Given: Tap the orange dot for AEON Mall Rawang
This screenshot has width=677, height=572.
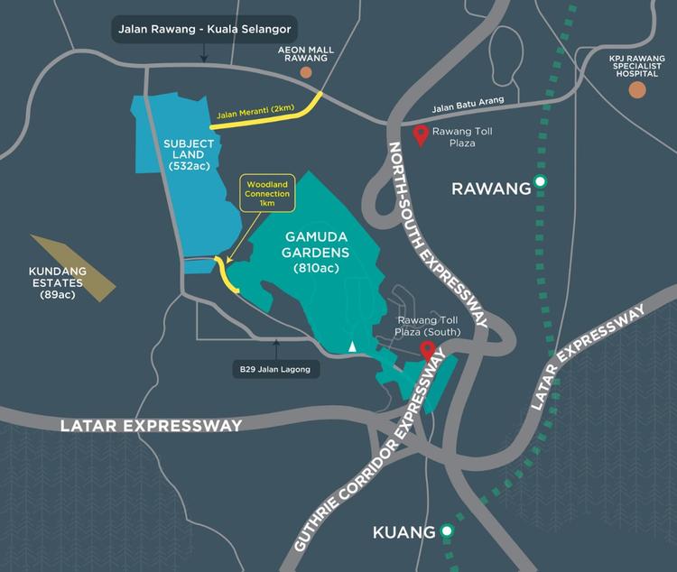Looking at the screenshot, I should pos(306,72).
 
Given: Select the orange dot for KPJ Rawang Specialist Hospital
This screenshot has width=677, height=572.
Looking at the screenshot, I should pos(637,89).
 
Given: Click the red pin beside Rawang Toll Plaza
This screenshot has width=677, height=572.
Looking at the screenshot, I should pos(420,135).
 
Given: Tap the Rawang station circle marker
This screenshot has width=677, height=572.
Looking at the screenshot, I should pos(540,182).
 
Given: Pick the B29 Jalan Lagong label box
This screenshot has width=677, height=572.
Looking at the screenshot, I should pos(276,368).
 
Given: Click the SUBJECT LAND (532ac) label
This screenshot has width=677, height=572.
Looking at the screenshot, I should pos(189,154).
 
